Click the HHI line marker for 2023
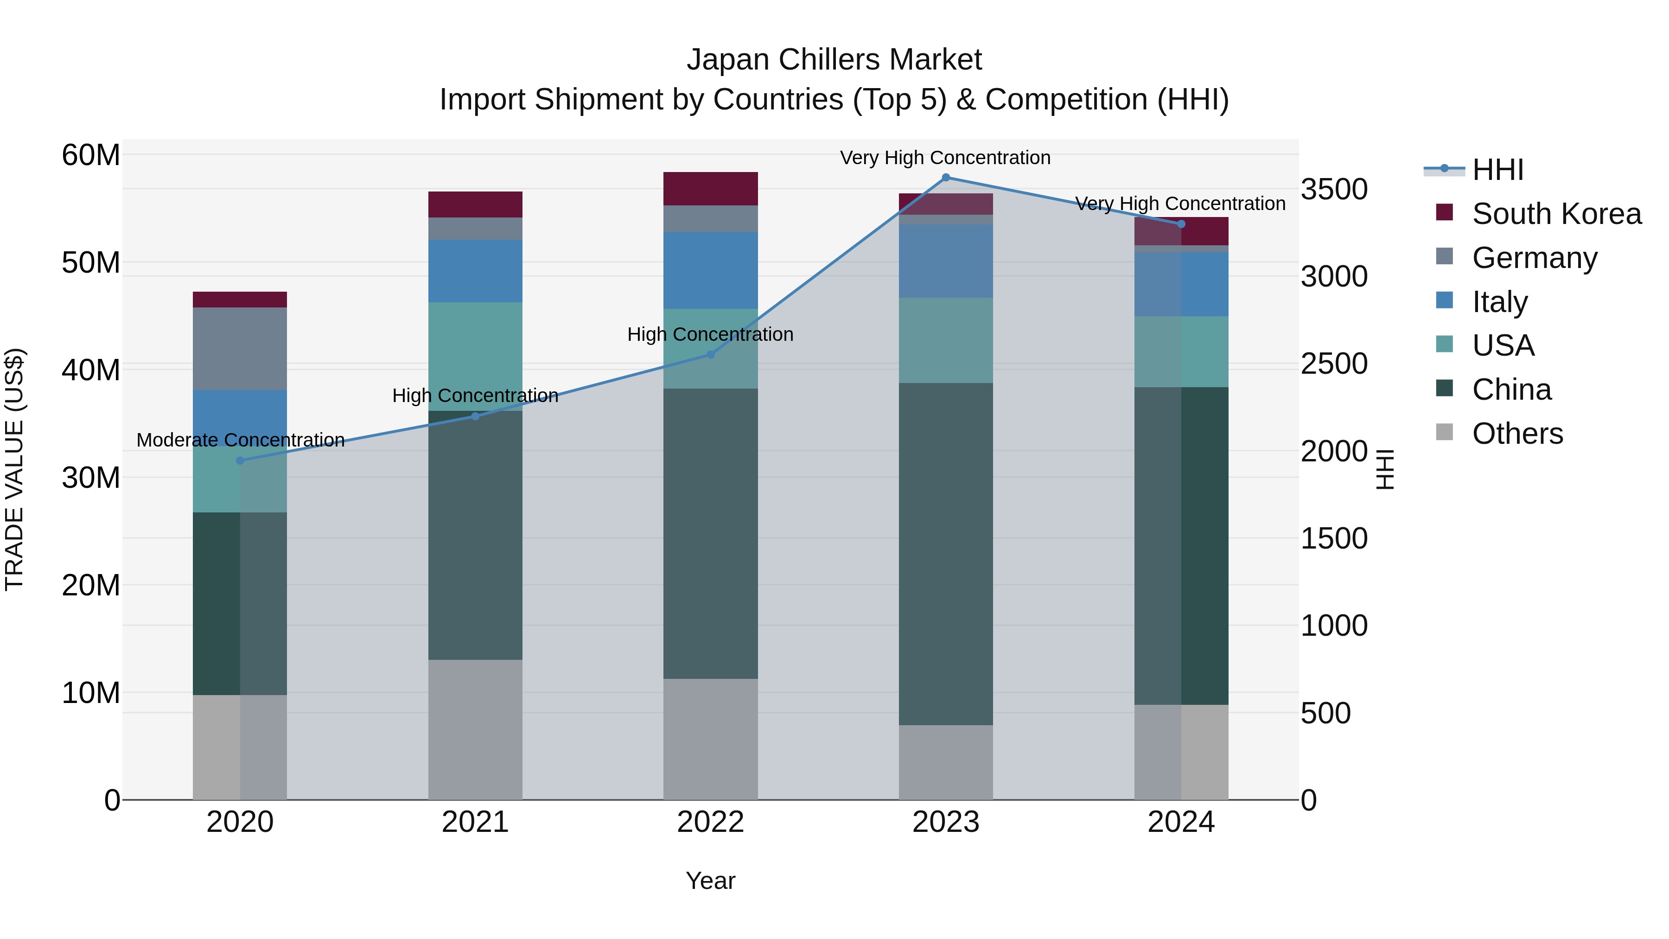tap(945, 178)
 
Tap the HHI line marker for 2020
tap(240, 461)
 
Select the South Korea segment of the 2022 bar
tap(710, 189)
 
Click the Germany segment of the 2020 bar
tap(240, 349)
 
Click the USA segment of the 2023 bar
tap(945, 340)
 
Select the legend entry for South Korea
tap(1555, 214)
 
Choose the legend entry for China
tap(1511, 390)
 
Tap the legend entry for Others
tap(1517, 434)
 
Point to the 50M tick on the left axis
tap(91, 263)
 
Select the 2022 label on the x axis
tap(710, 822)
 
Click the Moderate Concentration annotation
tap(240, 440)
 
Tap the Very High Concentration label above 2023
tap(945, 158)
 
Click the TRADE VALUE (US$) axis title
tap(14, 469)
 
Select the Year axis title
tap(710, 881)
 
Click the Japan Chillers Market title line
tap(834, 60)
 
